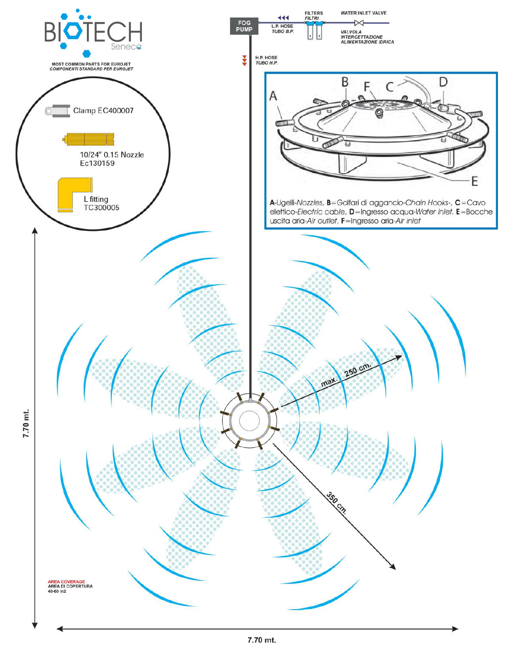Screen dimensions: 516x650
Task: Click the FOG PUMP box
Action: point(244,26)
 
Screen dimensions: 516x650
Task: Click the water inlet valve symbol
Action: point(359,23)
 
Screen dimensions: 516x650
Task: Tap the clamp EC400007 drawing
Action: point(57,111)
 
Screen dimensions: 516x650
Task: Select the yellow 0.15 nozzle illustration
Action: point(88,139)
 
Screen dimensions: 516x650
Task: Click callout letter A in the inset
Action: point(273,96)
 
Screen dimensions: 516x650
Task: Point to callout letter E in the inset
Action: point(474,182)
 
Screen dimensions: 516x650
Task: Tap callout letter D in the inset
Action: point(442,82)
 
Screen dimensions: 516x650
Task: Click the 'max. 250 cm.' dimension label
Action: point(345,375)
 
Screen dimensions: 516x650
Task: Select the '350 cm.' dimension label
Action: point(337,503)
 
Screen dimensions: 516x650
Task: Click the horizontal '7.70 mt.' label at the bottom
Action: point(261,639)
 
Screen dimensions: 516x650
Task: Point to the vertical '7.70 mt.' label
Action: point(26,423)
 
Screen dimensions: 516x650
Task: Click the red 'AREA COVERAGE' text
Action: point(66,582)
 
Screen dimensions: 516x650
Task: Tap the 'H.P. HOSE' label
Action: point(266,57)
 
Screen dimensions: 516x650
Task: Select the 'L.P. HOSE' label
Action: point(282,26)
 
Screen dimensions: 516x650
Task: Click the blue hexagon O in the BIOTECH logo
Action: point(73,31)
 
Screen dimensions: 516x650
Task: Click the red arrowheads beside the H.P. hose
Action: point(244,60)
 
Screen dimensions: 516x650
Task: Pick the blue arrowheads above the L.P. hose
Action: point(283,18)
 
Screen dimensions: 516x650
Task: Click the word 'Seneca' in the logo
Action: point(126,46)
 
